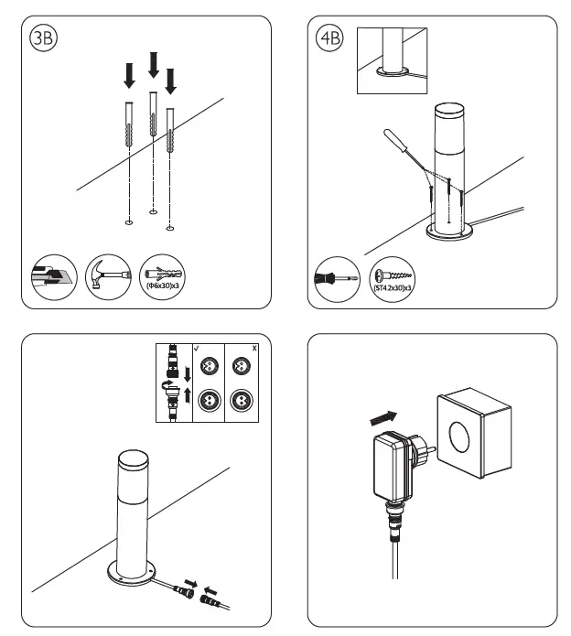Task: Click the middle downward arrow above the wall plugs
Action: click(154, 66)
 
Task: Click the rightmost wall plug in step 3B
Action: click(170, 131)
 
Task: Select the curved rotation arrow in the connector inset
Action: click(167, 385)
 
